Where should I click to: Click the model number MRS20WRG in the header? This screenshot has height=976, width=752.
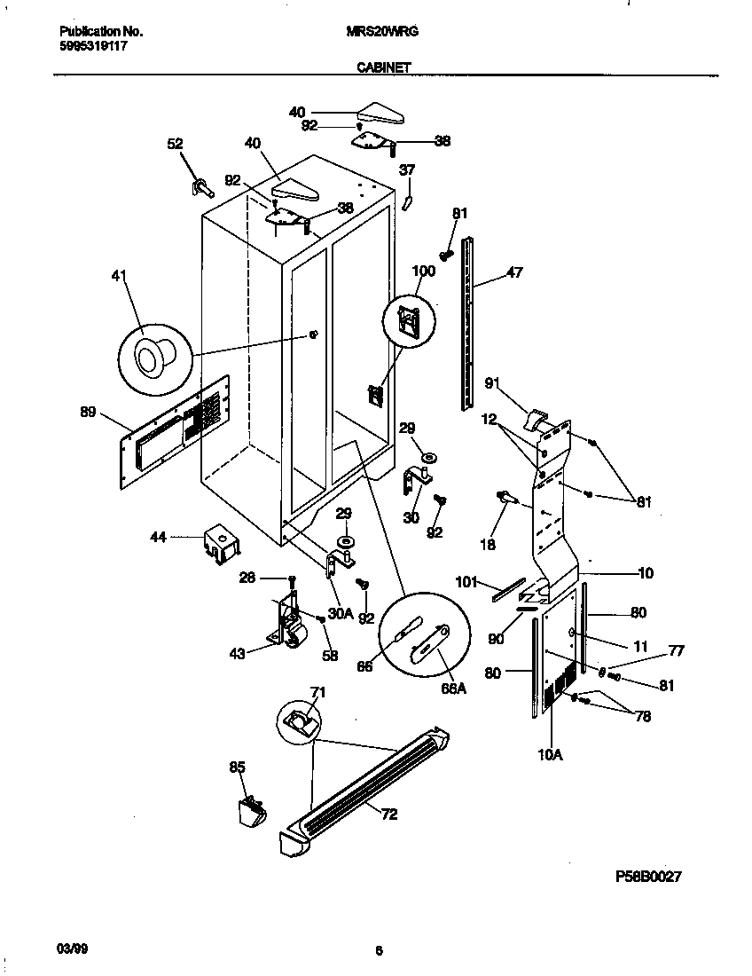[x=381, y=30]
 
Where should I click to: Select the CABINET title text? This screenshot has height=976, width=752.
[x=383, y=67]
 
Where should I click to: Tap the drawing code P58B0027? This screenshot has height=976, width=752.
[x=648, y=876]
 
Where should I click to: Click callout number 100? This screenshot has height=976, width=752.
[x=424, y=271]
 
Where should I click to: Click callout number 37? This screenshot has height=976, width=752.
[x=406, y=169]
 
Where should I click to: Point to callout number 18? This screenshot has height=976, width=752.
[x=488, y=544]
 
